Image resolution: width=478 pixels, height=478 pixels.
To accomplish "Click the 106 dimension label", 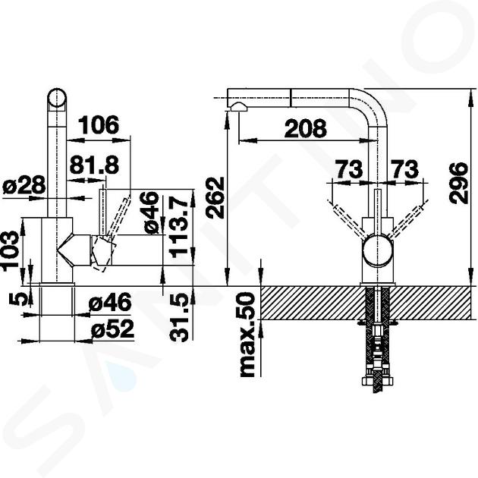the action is (99, 124).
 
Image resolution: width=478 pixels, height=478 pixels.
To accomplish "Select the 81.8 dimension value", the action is (94, 165).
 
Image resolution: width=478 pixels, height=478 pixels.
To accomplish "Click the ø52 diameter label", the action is (113, 329).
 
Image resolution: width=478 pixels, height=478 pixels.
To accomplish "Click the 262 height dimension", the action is (215, 197).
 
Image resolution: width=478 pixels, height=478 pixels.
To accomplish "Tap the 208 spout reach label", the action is (306, 128).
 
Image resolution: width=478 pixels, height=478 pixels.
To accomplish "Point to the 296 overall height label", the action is (458, 183).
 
